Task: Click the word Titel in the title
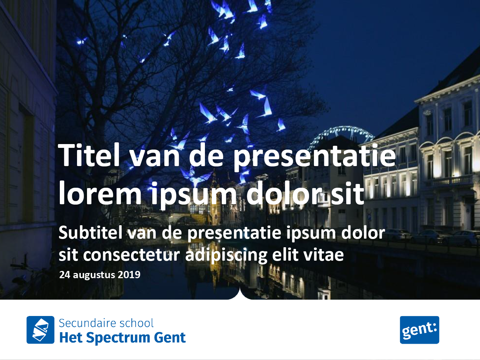point(89,155)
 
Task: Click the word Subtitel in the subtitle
point(90,232)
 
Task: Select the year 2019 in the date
point(129,275)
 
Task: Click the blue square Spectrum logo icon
point(41,330)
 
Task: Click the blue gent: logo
point(419,330)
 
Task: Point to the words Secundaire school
point(106,323)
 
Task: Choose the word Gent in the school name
point(170,337)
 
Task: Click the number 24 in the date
point(65,275)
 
